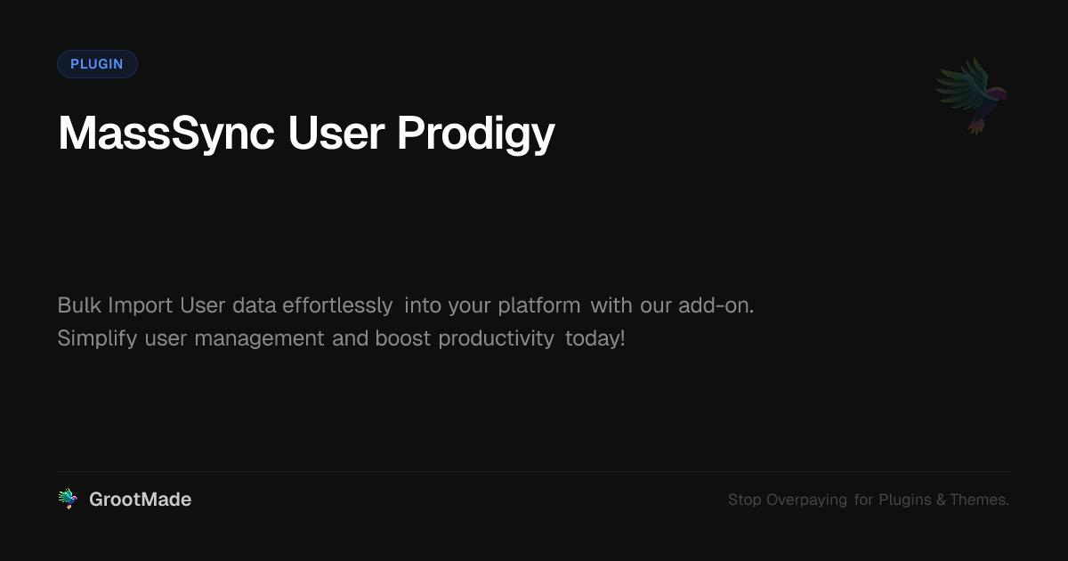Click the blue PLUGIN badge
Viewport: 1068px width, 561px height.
(97, 64)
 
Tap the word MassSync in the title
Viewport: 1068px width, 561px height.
(166, 134)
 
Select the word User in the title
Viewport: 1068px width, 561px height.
(336, 134)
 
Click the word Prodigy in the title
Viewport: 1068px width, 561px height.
(476, 134)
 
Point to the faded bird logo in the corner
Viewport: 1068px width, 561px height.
(972, 95)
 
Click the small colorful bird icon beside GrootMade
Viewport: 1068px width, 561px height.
(68, 499)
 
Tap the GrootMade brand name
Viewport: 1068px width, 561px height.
(141, 500)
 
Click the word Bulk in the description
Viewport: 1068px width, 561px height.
(79, 305)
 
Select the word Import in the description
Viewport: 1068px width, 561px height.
(141, 305)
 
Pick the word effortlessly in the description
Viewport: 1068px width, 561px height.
(337, 305)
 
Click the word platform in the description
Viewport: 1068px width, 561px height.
(539, 305)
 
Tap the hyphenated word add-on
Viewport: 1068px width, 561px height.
(716, 305)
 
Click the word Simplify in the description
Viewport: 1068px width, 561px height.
(97, 338)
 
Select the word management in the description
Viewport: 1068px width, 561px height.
(259, 338)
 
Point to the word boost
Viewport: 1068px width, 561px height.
(403, 338)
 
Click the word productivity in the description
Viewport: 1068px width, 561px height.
(497, 338)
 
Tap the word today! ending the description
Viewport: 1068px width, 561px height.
(595, 338)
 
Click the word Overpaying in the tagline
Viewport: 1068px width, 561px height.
(806, 500)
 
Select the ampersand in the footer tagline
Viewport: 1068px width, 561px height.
(942, 500)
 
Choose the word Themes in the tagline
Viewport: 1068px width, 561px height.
(979, 500)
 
